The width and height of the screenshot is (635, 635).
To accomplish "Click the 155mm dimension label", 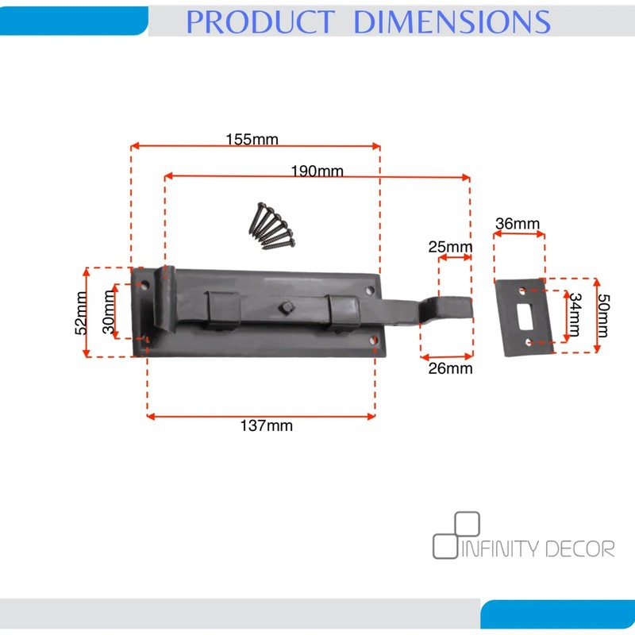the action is tap(252, 140).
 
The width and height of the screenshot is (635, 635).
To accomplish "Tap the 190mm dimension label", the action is tap(317, 171).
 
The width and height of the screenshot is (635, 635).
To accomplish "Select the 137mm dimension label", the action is tap(267, 425).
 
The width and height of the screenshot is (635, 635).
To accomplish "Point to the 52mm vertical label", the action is tap(81, 313).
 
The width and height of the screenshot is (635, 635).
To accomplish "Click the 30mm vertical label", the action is tap(109, 312).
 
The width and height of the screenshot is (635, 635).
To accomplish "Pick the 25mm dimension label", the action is tap(450, 246).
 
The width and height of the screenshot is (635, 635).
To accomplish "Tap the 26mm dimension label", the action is tap(450, 368).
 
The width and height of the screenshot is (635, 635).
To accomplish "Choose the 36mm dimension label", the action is tap(518, 223).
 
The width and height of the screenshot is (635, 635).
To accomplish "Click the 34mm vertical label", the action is tap(575, 314).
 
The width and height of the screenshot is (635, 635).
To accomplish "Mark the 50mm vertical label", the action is tap(602, 315).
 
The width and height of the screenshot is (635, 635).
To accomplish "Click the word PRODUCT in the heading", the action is tap(260, 22).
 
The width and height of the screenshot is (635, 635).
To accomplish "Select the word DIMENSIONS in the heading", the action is tap(452, 22).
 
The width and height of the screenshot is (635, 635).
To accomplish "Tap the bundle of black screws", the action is tap(271, 225).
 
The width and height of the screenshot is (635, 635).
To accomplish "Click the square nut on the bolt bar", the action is tap(287, 308).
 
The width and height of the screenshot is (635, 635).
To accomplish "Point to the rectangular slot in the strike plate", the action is tap(525, 316).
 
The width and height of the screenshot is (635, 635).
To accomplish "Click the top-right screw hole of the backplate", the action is tap(370, 291).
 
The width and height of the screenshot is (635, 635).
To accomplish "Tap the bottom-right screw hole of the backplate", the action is tap(374, 341).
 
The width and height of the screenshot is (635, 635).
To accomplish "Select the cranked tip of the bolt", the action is tap(446, 310).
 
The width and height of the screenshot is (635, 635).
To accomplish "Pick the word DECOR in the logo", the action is tap(579, 548).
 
